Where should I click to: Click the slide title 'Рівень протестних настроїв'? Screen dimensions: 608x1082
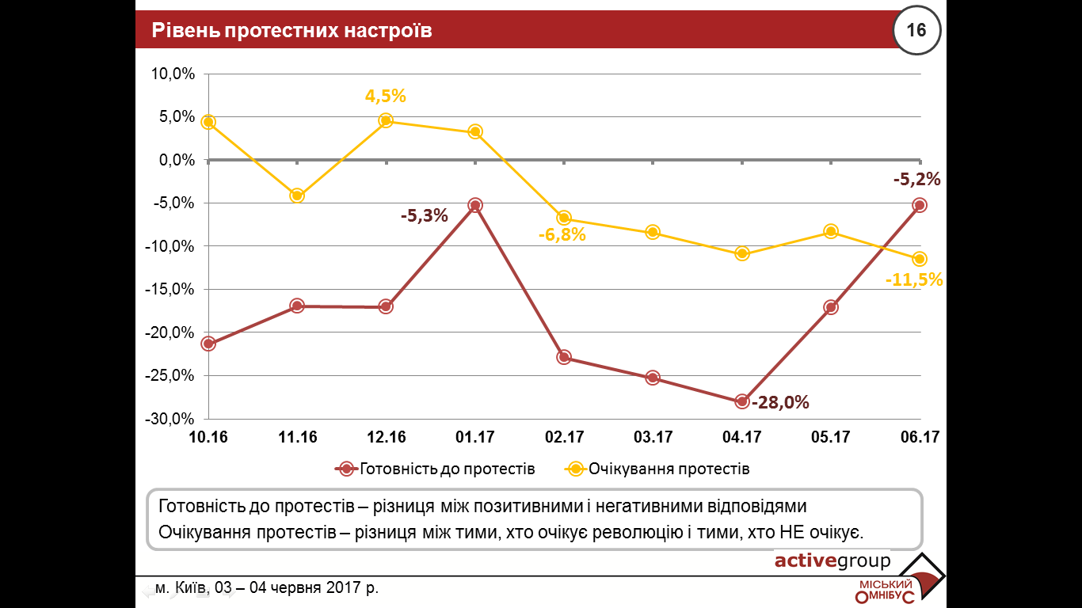tap(292, 31)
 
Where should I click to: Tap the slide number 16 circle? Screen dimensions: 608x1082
tap(916, 31)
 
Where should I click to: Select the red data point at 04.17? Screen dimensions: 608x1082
tap(742, 401)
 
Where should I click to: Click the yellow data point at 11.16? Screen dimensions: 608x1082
tap(297, 196)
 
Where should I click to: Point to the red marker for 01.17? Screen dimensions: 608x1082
tap(475, 205)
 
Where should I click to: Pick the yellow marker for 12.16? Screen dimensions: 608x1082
tap(386, 120)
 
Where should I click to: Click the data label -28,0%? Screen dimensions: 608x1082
tap(780, 402)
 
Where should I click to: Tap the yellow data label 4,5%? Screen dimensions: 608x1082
tap(385, 96)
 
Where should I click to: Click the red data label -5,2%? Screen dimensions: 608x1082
tap(916, 179)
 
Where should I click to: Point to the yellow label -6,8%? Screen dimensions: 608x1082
tap(562, 234)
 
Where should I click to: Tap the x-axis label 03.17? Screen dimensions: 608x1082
tap(653, 437)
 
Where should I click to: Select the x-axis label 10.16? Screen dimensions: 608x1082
tap(208, 437)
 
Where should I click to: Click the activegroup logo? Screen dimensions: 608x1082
tap(832, 561)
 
